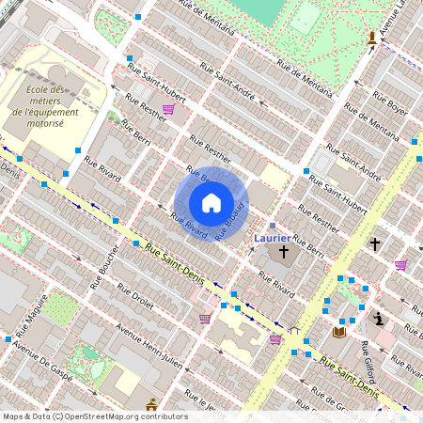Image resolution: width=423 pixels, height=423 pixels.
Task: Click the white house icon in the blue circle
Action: [x=211, y=202]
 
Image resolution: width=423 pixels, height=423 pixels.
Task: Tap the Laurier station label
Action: [x=273, y=239]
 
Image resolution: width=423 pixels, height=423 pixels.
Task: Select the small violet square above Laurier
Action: [x=273, y=226]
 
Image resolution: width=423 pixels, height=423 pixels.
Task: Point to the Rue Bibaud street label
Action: [x=230, y=221]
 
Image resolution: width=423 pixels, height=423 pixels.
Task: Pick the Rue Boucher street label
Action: [x=104, y=268]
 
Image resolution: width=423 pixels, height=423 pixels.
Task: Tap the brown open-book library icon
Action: [x=338, y=332]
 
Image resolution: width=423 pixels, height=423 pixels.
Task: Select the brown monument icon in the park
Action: [x=373, y=38]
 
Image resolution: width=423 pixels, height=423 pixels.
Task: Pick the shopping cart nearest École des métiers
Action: [x=167, y=109]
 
